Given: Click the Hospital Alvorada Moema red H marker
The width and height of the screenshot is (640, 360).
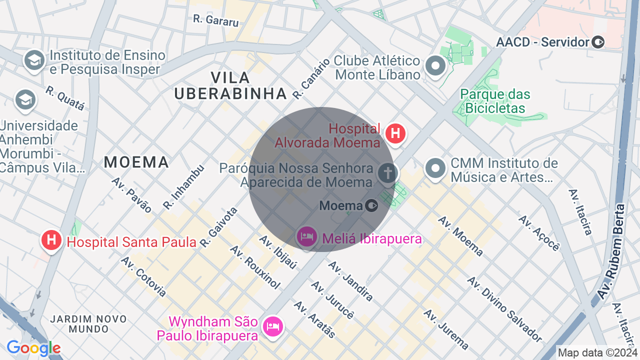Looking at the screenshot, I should point(395,133).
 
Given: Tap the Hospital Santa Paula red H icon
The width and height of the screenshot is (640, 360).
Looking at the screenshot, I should point(51,240).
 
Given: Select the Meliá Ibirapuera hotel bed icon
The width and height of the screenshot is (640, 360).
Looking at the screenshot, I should point(306,236).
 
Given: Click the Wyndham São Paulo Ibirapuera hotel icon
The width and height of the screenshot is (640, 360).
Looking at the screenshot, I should point(272,326).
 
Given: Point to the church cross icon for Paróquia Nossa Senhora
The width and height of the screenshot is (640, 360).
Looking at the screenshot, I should point(387,173).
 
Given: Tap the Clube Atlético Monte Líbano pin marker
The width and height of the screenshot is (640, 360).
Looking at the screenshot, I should point(435,66).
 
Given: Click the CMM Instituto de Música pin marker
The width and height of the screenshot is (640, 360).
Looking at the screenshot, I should point(435,168).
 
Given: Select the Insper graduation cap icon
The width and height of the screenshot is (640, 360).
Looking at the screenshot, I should point(34,61).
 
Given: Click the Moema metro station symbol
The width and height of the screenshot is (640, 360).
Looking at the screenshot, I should point(371,205).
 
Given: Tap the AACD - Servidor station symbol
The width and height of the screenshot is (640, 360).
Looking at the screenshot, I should point(598,42).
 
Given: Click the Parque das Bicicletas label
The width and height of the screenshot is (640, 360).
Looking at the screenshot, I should point(495,101).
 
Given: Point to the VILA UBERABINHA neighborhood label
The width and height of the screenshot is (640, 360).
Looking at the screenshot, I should point(230,85).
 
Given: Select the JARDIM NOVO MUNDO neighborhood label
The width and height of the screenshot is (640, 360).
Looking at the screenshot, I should point(80,323).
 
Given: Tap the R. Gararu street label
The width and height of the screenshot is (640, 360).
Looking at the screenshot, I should point(216,20).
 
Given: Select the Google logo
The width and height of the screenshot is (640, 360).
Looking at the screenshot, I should point(33,348).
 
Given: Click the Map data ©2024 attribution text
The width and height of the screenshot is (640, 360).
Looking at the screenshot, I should point(597,353).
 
